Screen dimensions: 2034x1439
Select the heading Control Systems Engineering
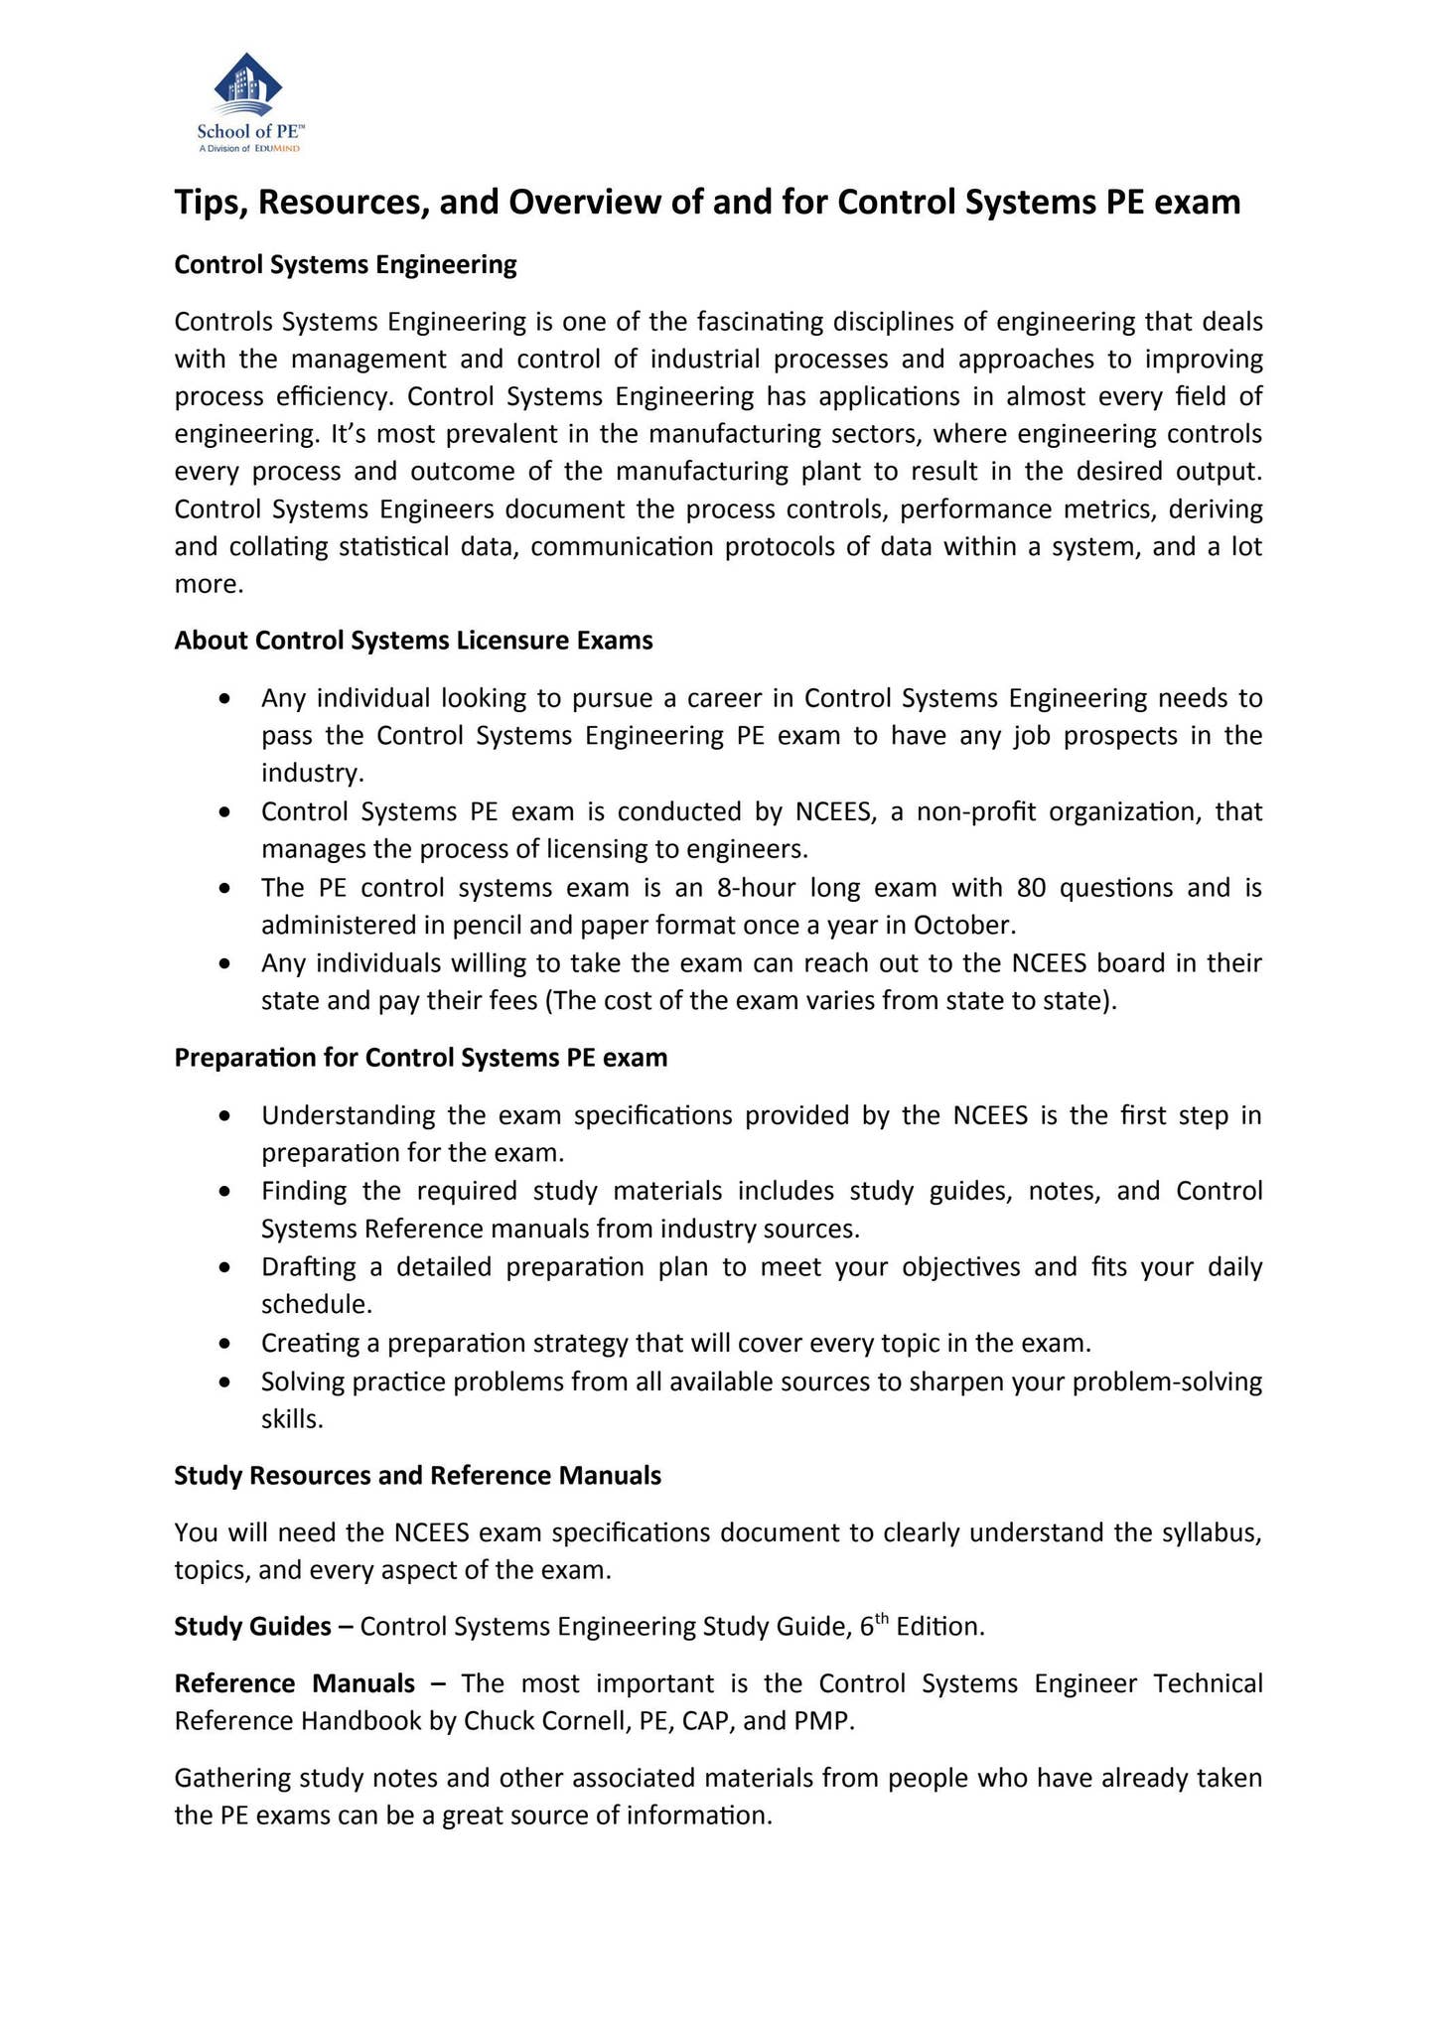pyautogui.click(x=346, y=265)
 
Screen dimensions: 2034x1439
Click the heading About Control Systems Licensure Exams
pyautogui.click(x=413, y=641)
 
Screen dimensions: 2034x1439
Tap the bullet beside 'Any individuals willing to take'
pyautogui.click(x=228, y=964)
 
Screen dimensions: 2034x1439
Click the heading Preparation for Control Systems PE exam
pyautogui.click(x=421, y=1058)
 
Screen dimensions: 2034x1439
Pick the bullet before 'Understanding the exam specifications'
pyautogui.click(x=228, y=1116)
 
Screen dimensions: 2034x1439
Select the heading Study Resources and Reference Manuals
pyautogui.click(x=417, y=1476)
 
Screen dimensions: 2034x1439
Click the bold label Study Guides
pyautogui.click(x=252, y=1627)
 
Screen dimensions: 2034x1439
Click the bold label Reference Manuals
pyautogui.click(x=295, y=1684)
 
